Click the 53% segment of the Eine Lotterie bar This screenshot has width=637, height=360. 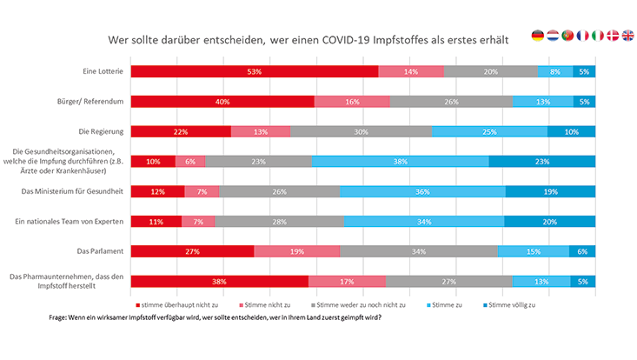point(254,71)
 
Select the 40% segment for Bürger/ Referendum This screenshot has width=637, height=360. point(222,102)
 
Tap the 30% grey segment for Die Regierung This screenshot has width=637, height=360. point(361,131)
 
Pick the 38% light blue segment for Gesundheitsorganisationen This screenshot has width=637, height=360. point(400,161)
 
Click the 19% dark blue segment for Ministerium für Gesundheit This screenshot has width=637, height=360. point(549,191)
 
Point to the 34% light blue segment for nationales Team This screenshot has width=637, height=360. point(423,222)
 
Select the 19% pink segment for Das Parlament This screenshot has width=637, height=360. point(296,251)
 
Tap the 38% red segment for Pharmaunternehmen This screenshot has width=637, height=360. point(219,281)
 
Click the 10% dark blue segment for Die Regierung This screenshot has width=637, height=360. point(571,131)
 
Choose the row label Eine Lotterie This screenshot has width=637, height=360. point(102,71)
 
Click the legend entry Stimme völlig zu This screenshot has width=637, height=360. point(514,304)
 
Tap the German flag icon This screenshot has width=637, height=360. point(538,36)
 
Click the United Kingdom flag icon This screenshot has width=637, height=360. point(628,36)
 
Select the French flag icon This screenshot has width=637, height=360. point(583,36)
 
